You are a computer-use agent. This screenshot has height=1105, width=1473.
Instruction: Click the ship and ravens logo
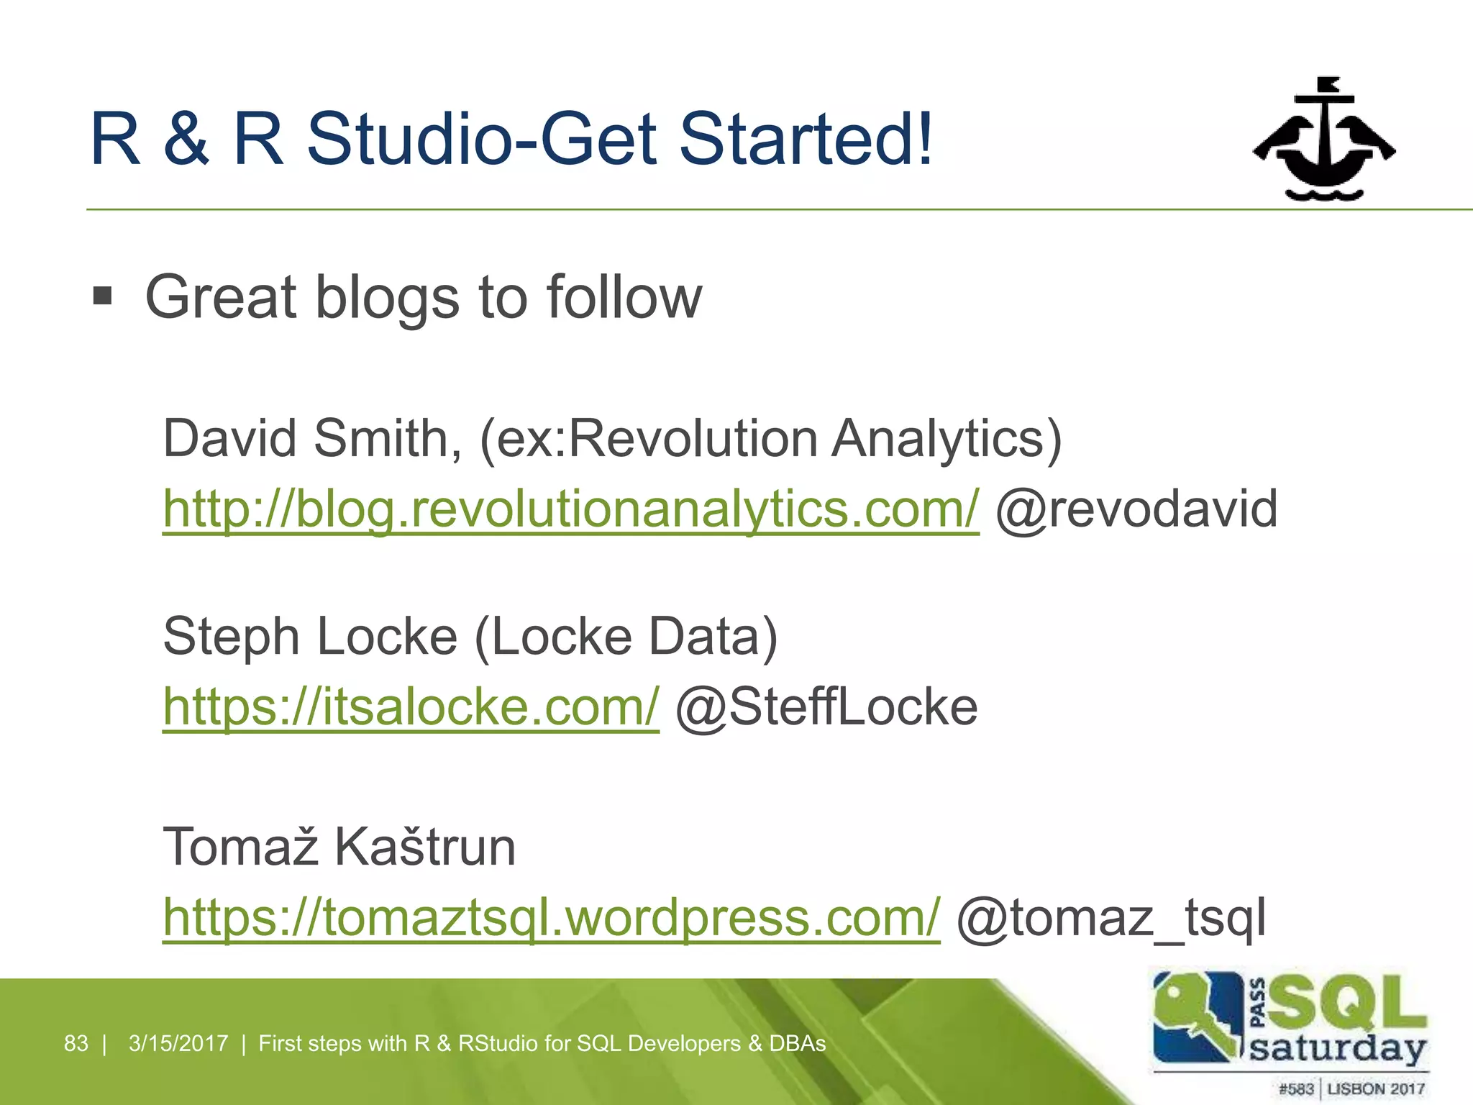[1323, 140]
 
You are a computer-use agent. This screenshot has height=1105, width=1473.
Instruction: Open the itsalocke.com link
[411, 707]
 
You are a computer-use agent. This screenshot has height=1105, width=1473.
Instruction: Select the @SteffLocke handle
[826, 707]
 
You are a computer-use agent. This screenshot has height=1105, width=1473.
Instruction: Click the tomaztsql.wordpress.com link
[551, 917]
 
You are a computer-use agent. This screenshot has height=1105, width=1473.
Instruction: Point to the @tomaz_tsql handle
[1111, 917]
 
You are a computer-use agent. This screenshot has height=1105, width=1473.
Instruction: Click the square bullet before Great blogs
[103, 296]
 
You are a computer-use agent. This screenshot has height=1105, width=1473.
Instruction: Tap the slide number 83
[76, 1043]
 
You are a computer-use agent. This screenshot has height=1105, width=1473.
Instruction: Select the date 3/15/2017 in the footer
[178, 1043]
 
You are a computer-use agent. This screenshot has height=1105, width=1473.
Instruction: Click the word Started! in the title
[806, 138]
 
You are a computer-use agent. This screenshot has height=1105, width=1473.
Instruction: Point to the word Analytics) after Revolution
[946, 439]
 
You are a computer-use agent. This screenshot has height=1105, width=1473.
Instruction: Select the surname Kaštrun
[425, 847]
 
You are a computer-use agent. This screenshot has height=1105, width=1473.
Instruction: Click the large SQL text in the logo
[1345, 1002]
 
